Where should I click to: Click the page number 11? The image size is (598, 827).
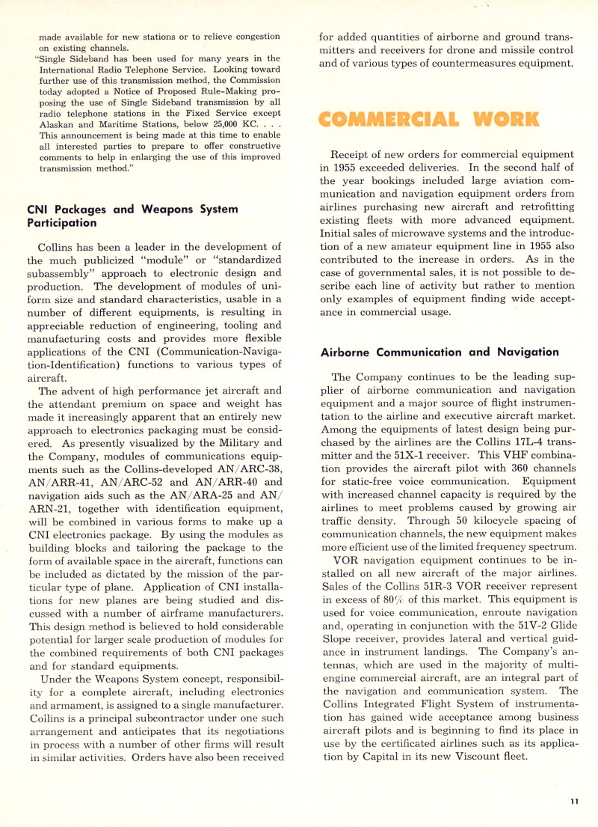click(573, 802)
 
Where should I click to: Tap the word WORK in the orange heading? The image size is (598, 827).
click(509, 118)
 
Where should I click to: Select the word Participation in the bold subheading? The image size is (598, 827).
click(64, 222)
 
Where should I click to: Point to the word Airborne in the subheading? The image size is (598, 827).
click(348, 352)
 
